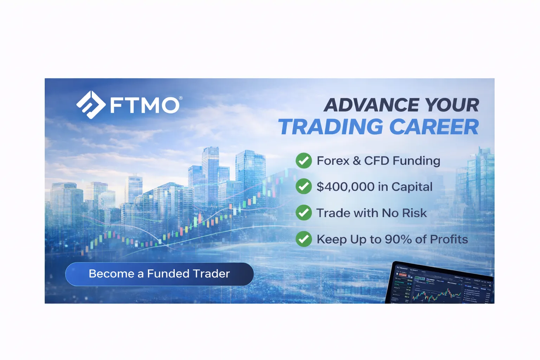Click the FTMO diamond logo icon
pyautogui.click(x=91, y=105)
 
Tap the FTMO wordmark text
pyautogui.click(x=144, y=105)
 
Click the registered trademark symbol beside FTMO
pyautogui.click(x=181, y=98)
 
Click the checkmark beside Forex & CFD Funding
pyautogui.click(x=304, y=161)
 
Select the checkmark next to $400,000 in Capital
pyautogui.click(x=304, y=187)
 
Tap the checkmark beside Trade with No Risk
pyautogui.click(x=304, y=213)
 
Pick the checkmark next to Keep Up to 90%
pyautogui.click(x=304, y=239)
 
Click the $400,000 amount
pyautogui.click(x=346, y=187)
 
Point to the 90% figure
pyautogui.click(x=398, y=239)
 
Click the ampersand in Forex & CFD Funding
pyautogui.click(x=357, y=161)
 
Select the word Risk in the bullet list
pyautogui.click(x=414, y=213)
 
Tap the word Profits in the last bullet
pyautogui.click(x=449, y=239)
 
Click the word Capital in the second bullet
pyautogui.click(x=412, y=187)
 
